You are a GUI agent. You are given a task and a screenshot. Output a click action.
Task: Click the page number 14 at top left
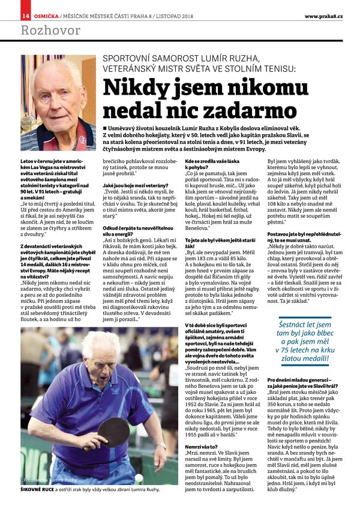pyautogui.click(x=26, y=15)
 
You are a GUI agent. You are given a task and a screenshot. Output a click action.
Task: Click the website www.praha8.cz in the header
pyautogui.click(x=323, y=15)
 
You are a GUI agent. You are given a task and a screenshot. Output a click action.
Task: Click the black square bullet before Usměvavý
pyautogui.click(x=104, y=129)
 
